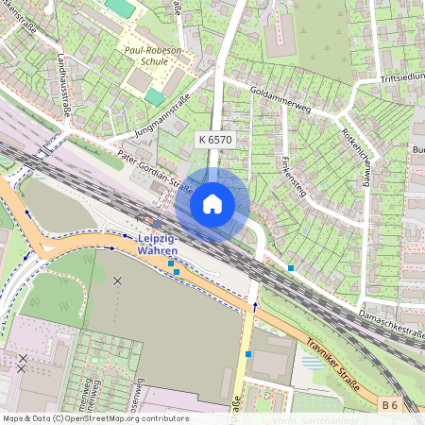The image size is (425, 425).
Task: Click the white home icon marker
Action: coord(212,203)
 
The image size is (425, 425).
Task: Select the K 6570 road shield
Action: coord(214,139)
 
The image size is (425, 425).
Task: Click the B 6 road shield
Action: coord(391,406)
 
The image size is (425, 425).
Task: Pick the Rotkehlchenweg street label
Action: coord(358,157)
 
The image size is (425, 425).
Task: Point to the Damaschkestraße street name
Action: coord(392,323)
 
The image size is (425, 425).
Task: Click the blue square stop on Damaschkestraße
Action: coord(291,269)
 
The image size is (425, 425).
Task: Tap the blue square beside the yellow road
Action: coord(247,353)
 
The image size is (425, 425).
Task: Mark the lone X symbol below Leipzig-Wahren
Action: coord(118,280)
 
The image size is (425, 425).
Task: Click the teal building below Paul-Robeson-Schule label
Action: coord(154,96)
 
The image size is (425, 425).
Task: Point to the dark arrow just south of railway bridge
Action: coord(255,305)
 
